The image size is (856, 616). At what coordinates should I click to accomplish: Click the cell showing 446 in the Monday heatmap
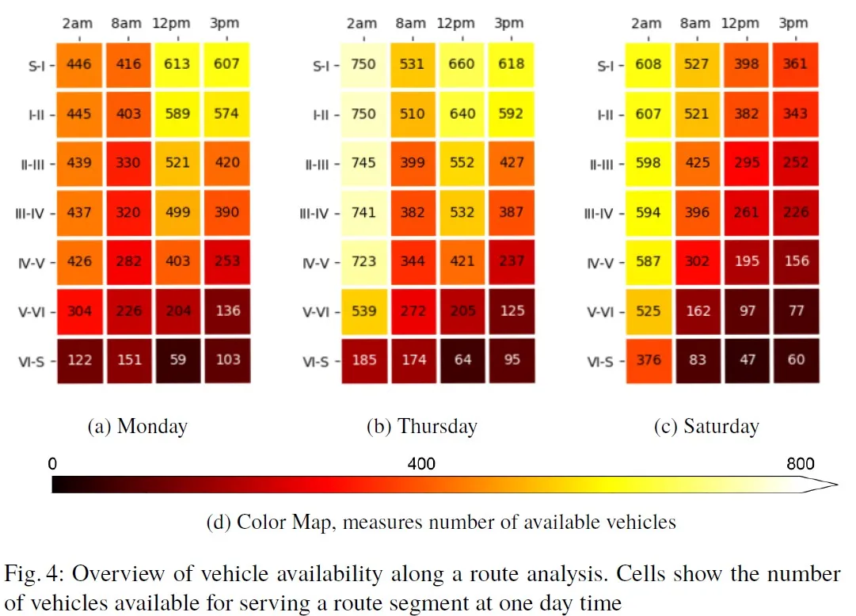79,64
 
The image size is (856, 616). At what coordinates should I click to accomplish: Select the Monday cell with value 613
177,64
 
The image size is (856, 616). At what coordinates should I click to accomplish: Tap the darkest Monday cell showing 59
177,360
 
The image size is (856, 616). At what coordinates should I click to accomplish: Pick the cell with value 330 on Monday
128,163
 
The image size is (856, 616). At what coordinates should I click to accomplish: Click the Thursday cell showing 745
364,163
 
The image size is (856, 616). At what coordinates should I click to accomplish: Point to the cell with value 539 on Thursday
364,310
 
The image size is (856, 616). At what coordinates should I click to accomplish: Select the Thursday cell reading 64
462,360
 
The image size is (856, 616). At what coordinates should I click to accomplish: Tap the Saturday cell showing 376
648,360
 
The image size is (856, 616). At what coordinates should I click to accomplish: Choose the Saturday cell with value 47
747,360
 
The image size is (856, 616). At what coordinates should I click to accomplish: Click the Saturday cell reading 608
648,64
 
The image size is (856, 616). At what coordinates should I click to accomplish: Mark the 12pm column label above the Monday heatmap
177,23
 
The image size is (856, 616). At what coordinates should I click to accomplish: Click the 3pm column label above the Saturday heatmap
793,23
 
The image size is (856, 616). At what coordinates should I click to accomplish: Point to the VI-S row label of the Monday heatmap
31,361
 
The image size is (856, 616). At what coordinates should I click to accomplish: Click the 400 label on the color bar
420,463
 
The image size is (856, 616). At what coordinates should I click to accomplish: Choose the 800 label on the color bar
800,463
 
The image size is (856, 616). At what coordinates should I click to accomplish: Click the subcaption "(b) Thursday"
421,426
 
